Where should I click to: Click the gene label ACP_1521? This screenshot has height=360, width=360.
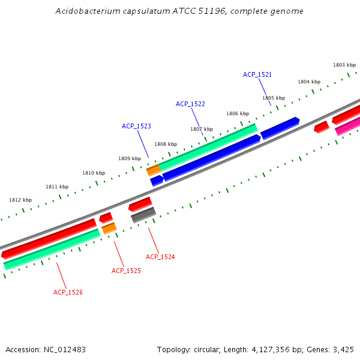[257, 74]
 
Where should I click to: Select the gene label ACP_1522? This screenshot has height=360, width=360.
[190, 104]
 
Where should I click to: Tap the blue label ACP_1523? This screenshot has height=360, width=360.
[136, 126]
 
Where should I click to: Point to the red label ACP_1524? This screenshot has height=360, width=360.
[160, 257]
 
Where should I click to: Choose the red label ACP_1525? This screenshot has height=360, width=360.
[126, 271]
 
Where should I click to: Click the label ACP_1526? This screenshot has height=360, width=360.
[68, 292]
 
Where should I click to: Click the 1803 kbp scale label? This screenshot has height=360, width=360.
[344, 65]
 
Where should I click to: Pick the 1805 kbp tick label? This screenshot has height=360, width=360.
[273, 98]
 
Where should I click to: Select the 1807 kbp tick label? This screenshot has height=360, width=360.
[202, 129]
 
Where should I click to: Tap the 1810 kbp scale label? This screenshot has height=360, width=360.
[94, 173]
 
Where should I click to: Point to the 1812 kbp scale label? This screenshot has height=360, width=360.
[20, 200]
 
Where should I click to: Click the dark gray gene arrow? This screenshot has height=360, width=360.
[143, 214]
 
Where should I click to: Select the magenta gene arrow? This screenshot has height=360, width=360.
[347, 127]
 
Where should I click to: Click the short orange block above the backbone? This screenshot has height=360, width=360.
[154, 170]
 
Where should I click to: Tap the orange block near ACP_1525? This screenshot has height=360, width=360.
[109, 228]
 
